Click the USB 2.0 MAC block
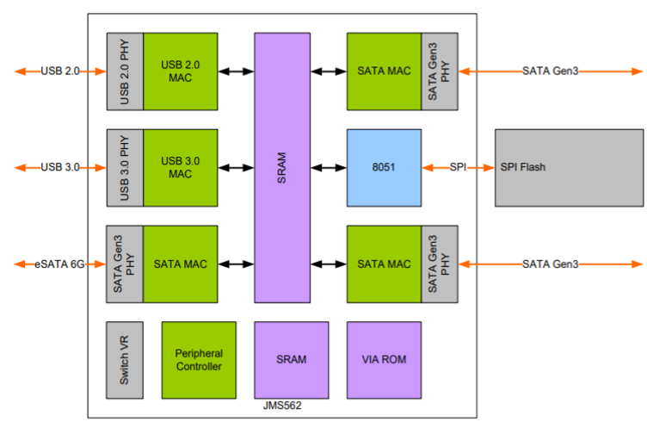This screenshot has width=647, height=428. (180, 71)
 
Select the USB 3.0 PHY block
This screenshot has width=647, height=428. (124, 168)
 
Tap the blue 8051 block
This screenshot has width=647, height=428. (383, 168)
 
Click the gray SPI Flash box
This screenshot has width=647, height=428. (569, 168)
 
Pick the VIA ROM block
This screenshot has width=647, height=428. (383, 359)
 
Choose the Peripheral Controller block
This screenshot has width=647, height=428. (198, 359)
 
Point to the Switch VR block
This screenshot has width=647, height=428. (124, 359)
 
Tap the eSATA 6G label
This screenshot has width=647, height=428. (59, 264)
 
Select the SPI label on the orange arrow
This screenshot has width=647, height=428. (458, 168)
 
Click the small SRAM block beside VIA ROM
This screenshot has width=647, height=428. (291, 359)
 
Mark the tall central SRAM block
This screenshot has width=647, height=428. (281, 168)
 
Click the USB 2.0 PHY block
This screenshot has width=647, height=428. (124, 71)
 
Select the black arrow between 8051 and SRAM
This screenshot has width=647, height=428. (329, 168)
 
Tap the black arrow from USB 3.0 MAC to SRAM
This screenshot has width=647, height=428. (235, 168)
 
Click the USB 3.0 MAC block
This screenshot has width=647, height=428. (180, 168)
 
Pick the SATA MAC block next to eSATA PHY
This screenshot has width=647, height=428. (180, 264)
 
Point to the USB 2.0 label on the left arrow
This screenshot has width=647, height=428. (59, 71)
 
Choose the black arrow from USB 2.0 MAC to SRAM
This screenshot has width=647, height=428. (235, 71)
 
